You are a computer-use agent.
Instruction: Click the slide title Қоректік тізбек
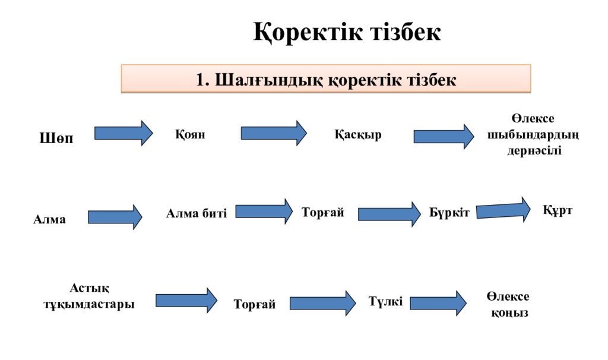point(347,32)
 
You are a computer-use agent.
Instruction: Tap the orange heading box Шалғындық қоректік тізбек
point(326,80)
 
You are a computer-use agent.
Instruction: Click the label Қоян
point(190,134)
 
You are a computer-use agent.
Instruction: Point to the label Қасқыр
point(358,135)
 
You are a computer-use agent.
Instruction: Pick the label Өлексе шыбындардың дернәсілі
point(533,134)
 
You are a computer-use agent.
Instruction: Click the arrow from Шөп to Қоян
point(123,133)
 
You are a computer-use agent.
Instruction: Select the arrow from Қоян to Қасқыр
point(273,133)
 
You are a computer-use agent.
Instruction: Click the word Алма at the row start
point(49,220)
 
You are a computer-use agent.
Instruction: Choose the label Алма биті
point(197,213)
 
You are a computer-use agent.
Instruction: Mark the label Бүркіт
point(449,213)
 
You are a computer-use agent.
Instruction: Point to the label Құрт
point(558,210)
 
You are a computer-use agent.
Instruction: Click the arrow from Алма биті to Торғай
point(264,211)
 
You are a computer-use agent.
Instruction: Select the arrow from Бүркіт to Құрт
point(503,210)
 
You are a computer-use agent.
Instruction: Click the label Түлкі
point(385,302)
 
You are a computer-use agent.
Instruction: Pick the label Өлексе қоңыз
point(508,304)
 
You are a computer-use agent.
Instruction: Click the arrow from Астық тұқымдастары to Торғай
point(186,300)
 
